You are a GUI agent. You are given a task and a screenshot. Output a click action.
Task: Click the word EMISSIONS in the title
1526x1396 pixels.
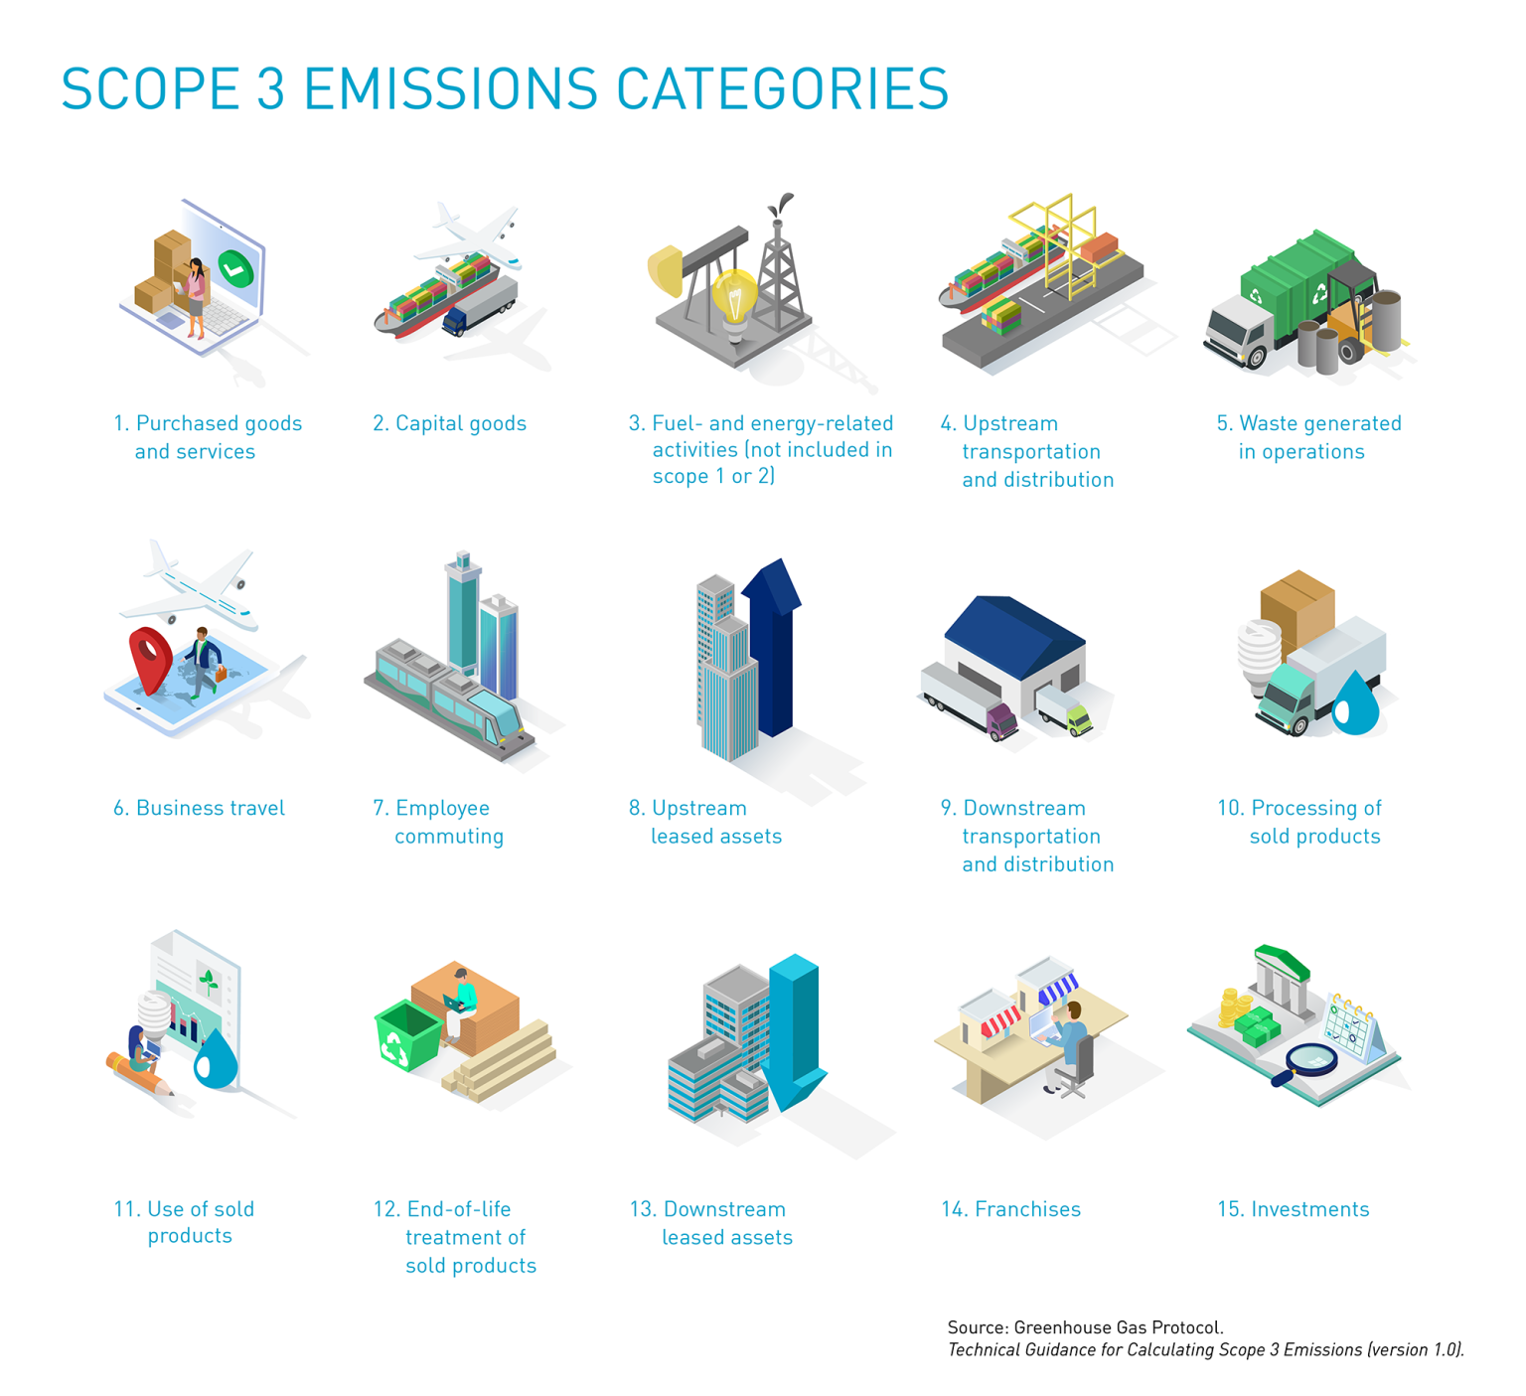click(x=450, y=89)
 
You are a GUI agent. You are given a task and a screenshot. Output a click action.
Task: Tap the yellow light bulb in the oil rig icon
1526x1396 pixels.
click(x=734, y=294)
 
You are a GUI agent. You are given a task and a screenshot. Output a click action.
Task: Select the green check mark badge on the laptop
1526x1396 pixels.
click(x=235, y=267)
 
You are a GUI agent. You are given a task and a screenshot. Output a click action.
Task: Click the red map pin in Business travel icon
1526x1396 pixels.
click(x=151, y=656)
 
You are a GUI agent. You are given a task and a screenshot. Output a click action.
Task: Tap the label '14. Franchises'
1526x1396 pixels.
click(x=1010, y=1209)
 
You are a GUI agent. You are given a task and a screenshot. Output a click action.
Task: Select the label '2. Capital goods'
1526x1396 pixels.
click(x=449, y=423)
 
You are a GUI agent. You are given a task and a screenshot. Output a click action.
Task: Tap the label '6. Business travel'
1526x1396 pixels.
click(x=199, y=808)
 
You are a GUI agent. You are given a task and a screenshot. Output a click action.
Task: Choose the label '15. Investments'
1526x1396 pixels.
click(x=1293, y=1209)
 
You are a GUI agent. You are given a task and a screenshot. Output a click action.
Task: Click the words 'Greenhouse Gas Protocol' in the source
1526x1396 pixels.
click(x=1118, y=1327)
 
